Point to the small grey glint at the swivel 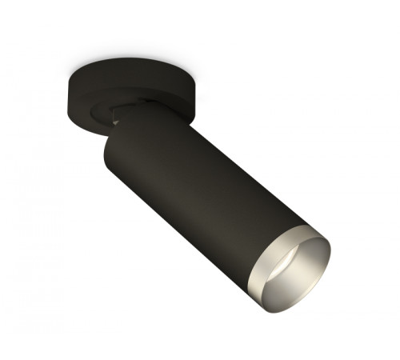(117, 120)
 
